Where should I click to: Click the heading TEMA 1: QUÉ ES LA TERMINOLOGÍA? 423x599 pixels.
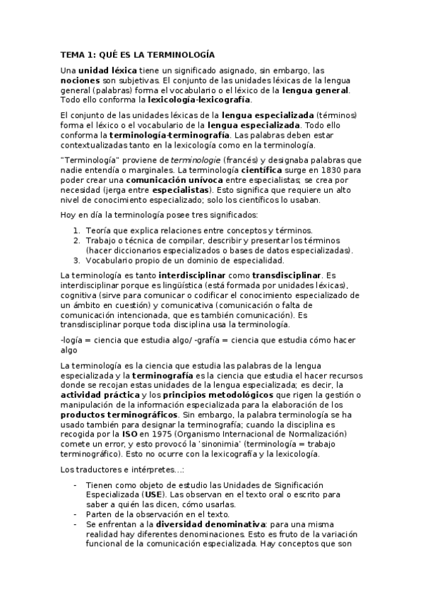[138, 54]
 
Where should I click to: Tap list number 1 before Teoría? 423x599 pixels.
[77, 230]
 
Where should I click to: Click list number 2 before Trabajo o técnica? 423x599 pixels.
[77, 240]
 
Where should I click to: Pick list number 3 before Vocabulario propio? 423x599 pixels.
[77, 260]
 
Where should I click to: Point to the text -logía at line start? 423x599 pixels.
[73, 340]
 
